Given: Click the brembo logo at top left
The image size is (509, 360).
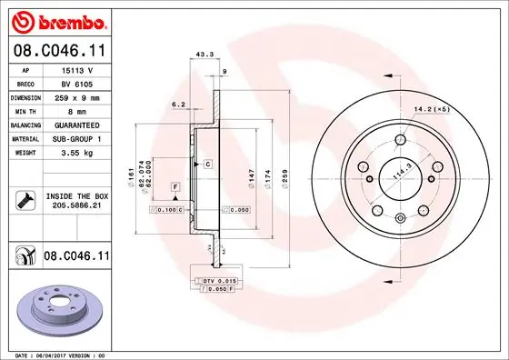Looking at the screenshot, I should pos(55,20).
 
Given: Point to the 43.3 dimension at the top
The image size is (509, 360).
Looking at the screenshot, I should pos(205,55).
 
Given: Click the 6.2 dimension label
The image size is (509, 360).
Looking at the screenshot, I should pos(179,105).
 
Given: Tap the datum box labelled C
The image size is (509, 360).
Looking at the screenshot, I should pos(207,164).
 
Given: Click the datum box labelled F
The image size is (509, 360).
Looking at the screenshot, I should pos(174,186).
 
